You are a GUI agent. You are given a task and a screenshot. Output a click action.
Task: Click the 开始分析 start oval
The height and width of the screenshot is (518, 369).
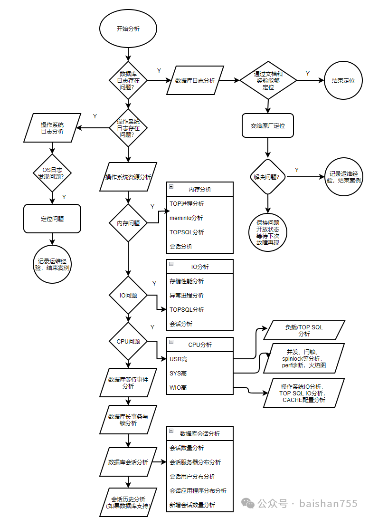[128, 29]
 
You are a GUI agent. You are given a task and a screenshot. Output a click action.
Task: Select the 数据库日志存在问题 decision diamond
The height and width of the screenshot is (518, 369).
[128, 80]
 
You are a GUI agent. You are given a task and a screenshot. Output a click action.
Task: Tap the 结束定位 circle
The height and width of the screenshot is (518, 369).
[343, 81]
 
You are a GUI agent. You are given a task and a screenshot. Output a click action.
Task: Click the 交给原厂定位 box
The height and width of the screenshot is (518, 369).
[268, 125]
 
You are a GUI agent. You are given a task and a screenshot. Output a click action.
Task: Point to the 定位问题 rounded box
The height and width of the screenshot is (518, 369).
[52, 219]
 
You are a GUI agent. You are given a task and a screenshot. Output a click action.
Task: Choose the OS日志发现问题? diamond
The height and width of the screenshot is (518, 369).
[52, 173]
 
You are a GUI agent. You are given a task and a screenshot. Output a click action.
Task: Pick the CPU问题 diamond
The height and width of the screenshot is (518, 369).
[128, 341]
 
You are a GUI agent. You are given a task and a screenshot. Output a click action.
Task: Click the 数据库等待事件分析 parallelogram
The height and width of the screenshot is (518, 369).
[128, 383]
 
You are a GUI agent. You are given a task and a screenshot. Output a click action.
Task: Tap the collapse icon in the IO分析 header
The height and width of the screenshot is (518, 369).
[171, 264]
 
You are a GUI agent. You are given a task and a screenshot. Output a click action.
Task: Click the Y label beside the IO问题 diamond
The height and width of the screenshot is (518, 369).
[154, 284]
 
